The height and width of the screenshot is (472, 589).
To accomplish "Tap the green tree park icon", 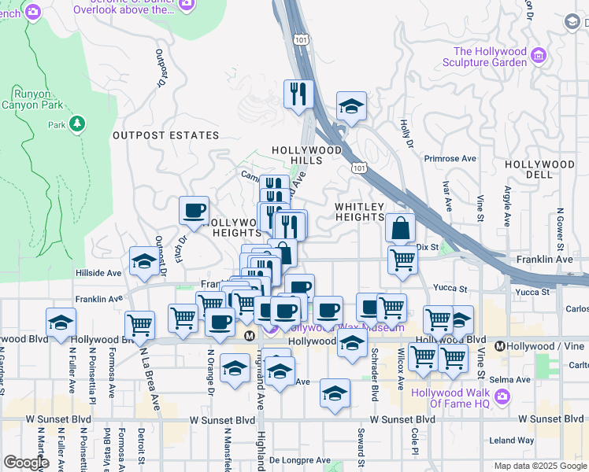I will (77, 124).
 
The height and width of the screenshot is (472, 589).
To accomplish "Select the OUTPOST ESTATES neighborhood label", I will (165, 135).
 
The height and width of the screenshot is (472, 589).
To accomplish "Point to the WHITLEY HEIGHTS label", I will (360, 212).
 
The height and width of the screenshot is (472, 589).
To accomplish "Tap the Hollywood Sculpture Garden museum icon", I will (539, 55).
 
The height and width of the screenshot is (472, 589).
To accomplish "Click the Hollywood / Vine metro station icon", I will (500, 346).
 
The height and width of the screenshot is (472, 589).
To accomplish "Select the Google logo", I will (27, 463).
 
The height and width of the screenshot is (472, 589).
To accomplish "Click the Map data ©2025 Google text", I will (539, 466).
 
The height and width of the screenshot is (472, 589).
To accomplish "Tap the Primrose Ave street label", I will (450, 158).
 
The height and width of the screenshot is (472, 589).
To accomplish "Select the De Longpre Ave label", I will (299, 460).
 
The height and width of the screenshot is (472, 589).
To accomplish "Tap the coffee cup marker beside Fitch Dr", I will (194, 210).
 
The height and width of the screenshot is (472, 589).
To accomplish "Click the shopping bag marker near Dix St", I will (400, 228).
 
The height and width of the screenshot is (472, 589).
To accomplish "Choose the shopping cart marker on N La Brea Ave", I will (139, 324).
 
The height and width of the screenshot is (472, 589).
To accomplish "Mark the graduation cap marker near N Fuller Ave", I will (61, 322).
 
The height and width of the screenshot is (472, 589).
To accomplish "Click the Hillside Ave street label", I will (98, 272).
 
